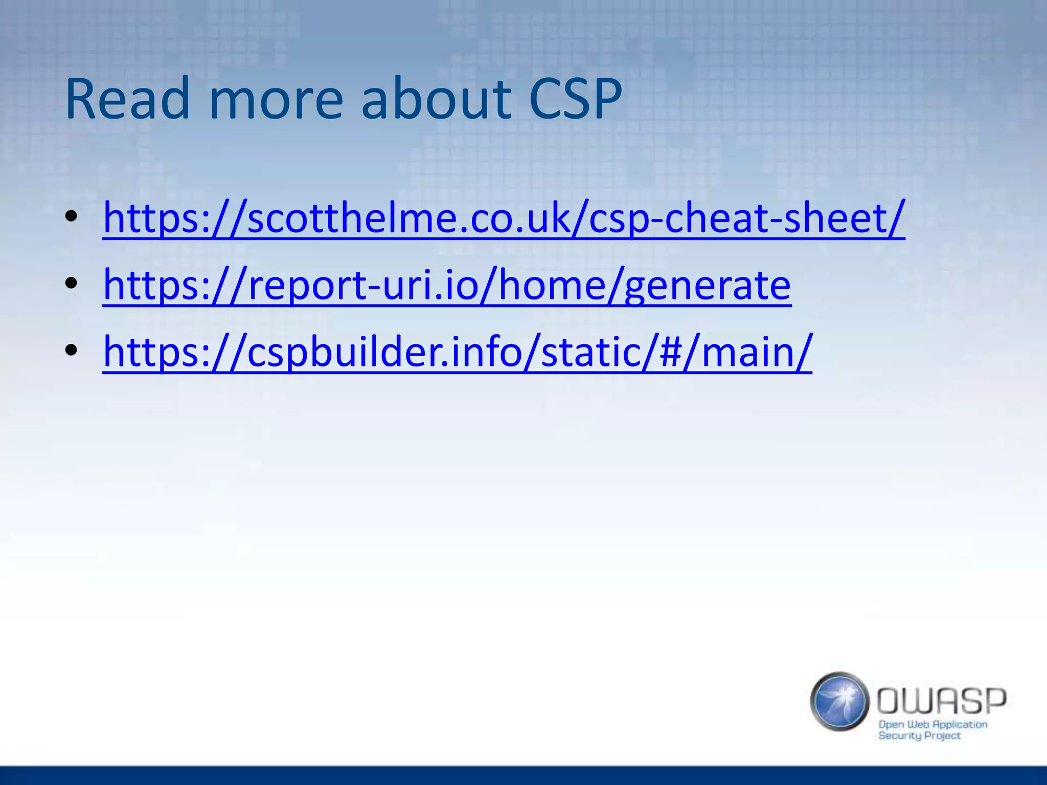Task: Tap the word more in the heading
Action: click(x=276, y=99)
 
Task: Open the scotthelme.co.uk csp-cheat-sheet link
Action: click(x=504, y=218)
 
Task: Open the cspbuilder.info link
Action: click(x=457, y=352)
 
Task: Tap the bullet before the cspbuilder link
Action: click(x=72, y=350)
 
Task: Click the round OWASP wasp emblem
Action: click(x=839, y=701)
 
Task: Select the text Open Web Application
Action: click(x=932, y=724)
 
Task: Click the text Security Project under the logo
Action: click(x=919, y=736)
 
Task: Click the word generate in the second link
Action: click(x=708, y=286)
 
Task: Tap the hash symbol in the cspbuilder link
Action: click(x=671, y=352)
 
